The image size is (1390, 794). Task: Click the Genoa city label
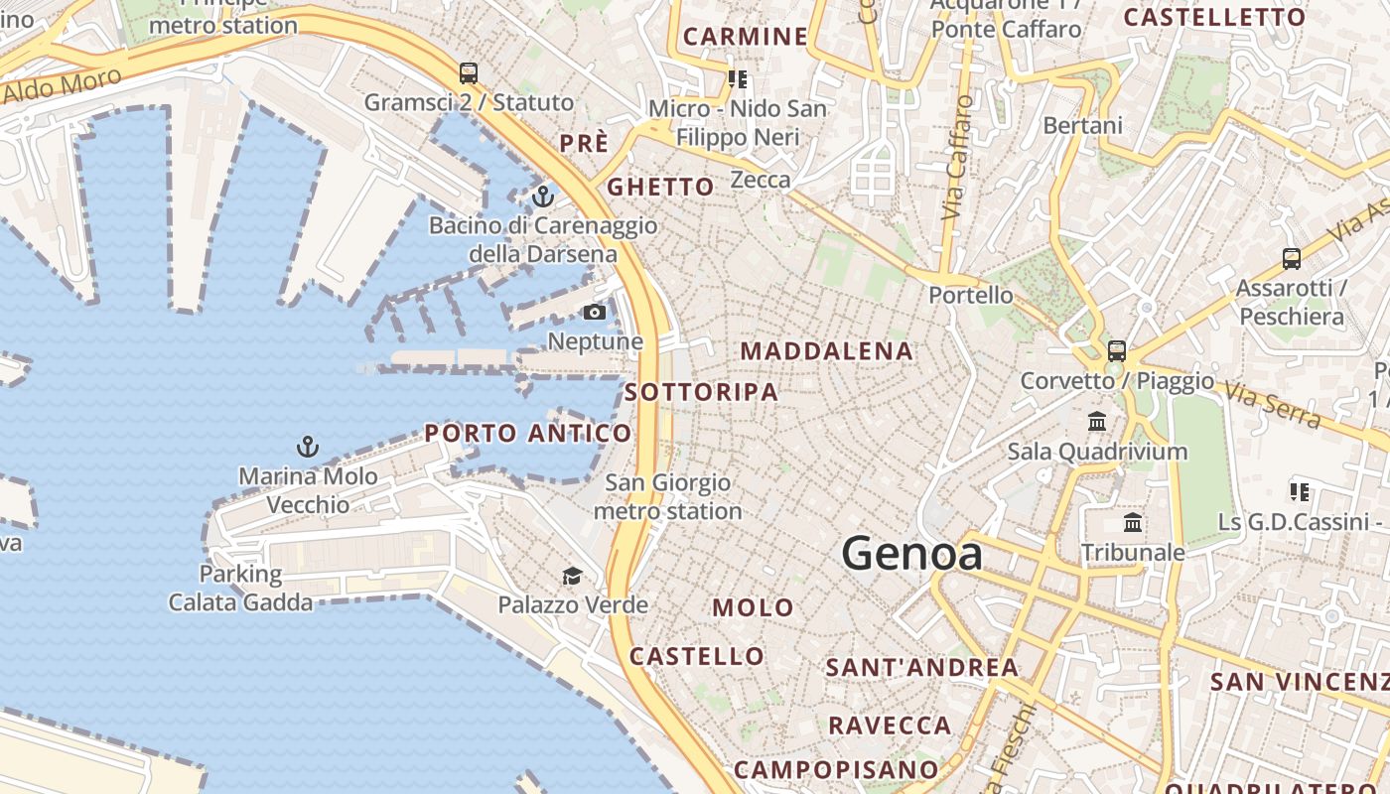(911, 554)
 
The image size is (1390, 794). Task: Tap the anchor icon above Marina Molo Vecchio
(308, 447)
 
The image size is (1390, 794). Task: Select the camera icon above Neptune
(595, 313)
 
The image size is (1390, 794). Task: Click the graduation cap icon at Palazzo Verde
(572, 576)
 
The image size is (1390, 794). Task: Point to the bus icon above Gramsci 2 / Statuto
(469, 72)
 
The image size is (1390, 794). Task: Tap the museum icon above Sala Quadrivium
(1097, 422)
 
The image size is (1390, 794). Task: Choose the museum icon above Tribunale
(1132, 523)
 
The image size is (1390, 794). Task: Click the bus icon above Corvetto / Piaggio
(1117, 350)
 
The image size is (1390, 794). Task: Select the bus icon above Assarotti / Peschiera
(1291, 259)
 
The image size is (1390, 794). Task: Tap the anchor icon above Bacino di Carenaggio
(542, 197)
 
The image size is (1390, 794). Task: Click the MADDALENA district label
(826, 351)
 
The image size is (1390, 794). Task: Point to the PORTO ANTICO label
(527, 433)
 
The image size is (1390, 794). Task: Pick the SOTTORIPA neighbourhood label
(701, 392)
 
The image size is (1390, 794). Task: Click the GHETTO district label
(660, 187)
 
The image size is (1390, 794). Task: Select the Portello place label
(971, 295)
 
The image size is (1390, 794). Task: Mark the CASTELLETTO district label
(1213, 17)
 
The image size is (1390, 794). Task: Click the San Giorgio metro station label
(667, 497)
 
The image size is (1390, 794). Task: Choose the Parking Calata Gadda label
(240, 588)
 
